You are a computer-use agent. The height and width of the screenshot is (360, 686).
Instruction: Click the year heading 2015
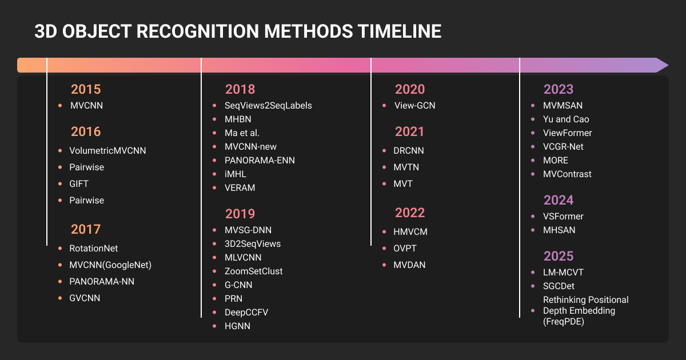coord(86,89)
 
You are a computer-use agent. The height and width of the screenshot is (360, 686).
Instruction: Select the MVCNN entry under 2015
coord(87,105)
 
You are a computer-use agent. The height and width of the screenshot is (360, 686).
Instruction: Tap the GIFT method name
coord(79,183)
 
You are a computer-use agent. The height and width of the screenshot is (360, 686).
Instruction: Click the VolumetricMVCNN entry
coord(107,151)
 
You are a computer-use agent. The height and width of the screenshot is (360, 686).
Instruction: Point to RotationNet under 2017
coord(93,248)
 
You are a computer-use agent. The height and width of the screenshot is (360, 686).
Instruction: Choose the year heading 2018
coord(240,89)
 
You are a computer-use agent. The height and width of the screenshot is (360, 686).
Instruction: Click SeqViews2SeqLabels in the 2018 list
coord(268,105)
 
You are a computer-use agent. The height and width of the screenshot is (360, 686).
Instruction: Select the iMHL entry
coord(235,174)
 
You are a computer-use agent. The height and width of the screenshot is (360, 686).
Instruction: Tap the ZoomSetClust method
coord(254,271)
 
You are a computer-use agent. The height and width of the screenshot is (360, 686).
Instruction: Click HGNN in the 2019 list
coord(237,326)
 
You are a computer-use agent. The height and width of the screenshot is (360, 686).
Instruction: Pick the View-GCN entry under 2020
coord(414,105)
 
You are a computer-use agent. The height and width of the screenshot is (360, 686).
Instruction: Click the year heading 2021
coord(409,131)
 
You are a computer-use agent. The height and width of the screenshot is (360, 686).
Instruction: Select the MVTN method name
coord(406,167)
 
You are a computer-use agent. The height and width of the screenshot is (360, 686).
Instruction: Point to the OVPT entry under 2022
coord(405,248)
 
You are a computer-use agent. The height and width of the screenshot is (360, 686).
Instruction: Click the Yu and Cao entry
coord(566,119)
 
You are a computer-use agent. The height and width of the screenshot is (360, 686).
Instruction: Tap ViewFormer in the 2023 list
coord(568,133)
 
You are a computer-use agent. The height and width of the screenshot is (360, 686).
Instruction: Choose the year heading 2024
coord(559,200)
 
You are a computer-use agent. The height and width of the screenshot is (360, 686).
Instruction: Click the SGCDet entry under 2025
coord(559,286)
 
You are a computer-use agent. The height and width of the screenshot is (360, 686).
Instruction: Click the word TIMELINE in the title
coord(400,31)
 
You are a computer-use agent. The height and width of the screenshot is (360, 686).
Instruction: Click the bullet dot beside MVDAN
coord(384,265)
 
